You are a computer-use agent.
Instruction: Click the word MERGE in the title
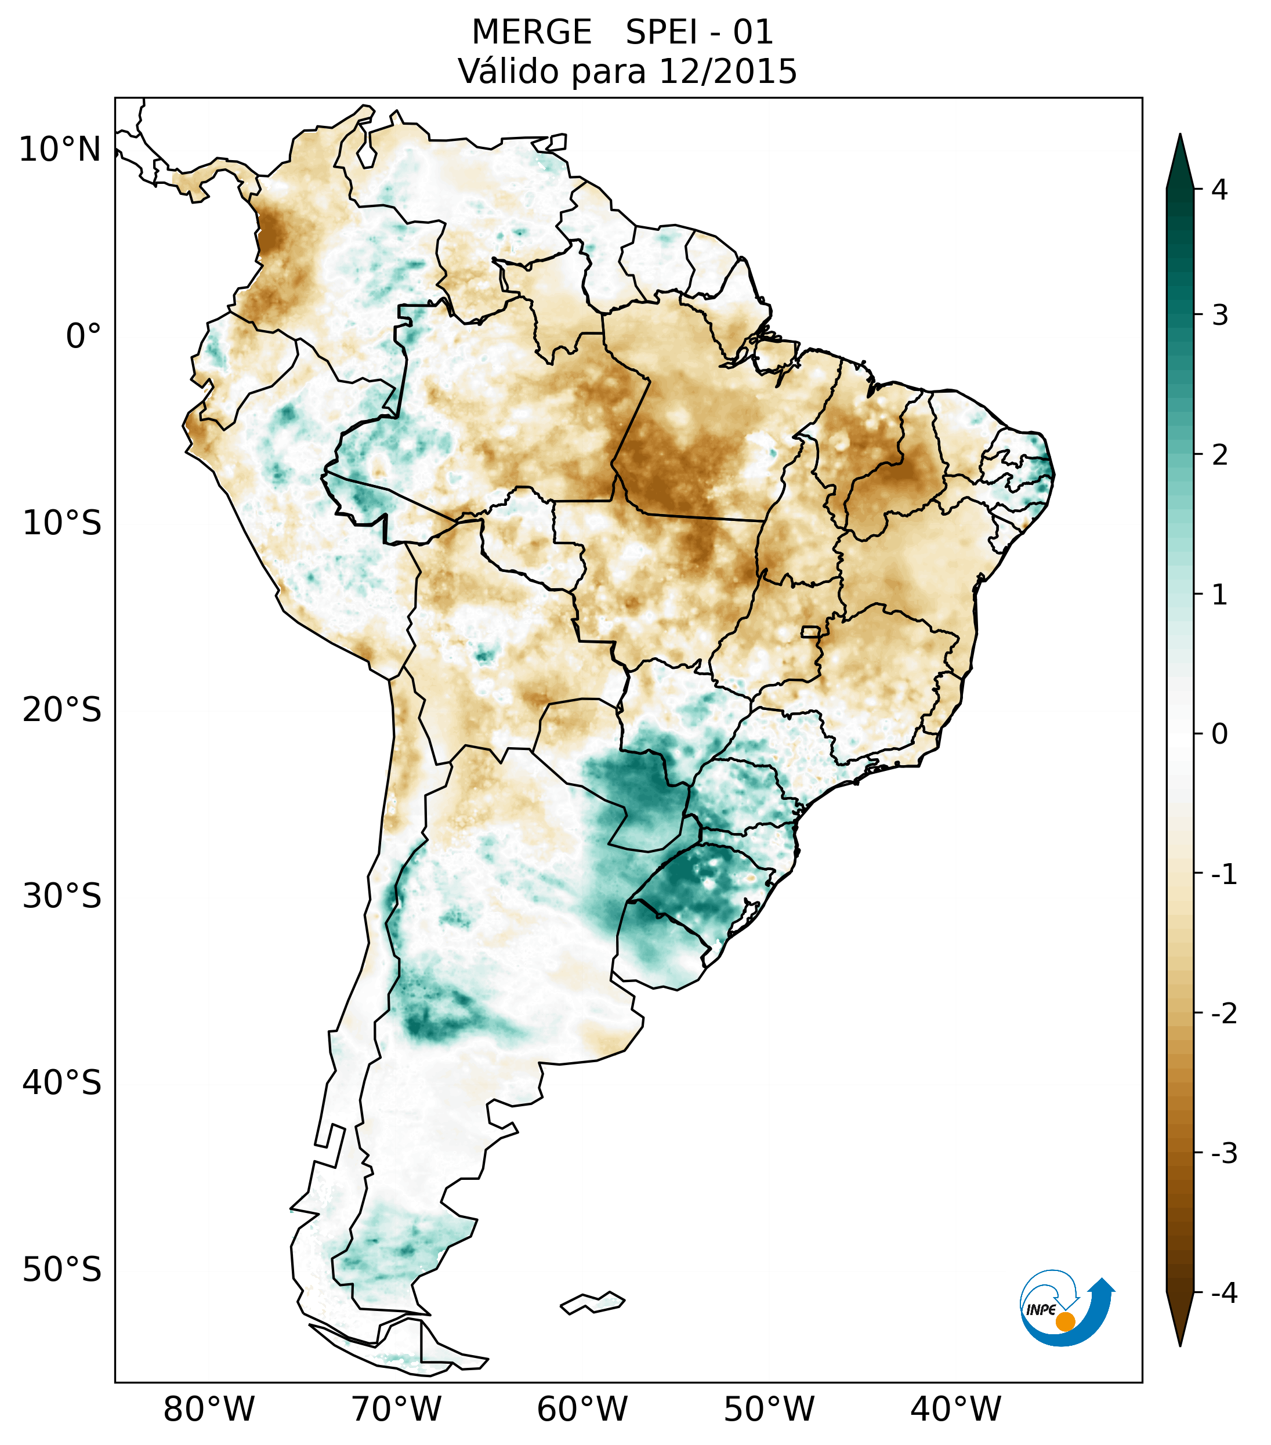[x=531, y=32]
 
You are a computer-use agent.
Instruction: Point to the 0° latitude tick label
[x=84, y=336]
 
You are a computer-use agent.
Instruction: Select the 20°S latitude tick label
[x=62, y=710]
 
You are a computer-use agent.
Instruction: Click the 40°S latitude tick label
[x=62, y=1083]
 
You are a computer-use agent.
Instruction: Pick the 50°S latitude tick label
[x=62, y=1270]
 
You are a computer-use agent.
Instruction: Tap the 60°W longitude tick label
[x=582, y=1410]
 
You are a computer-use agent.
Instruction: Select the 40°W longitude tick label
[x=956, y=1410]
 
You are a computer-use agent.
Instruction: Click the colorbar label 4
[x=1219, y=190]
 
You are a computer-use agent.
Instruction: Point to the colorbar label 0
[x=1219, y=734]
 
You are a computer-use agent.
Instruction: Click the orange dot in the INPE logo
[x=1065, y=1321]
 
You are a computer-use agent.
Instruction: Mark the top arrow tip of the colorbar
[x=1180, y=136]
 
